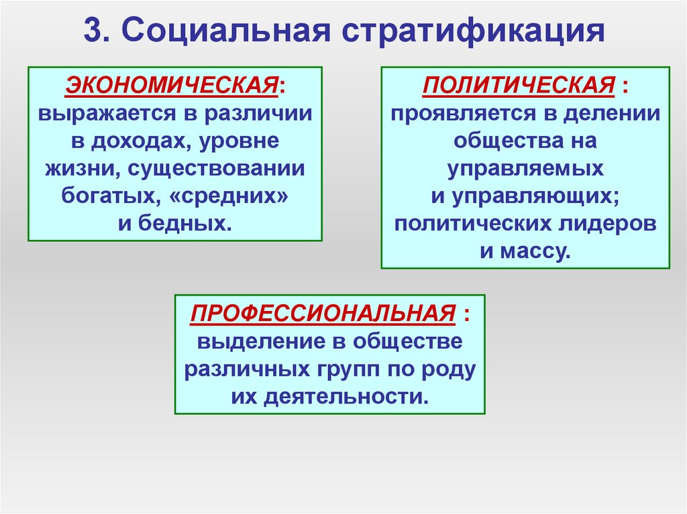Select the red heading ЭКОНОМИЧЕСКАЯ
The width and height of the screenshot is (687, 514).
click(x=172, y=85)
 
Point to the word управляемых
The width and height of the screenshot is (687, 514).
click(x=525, y=168)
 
